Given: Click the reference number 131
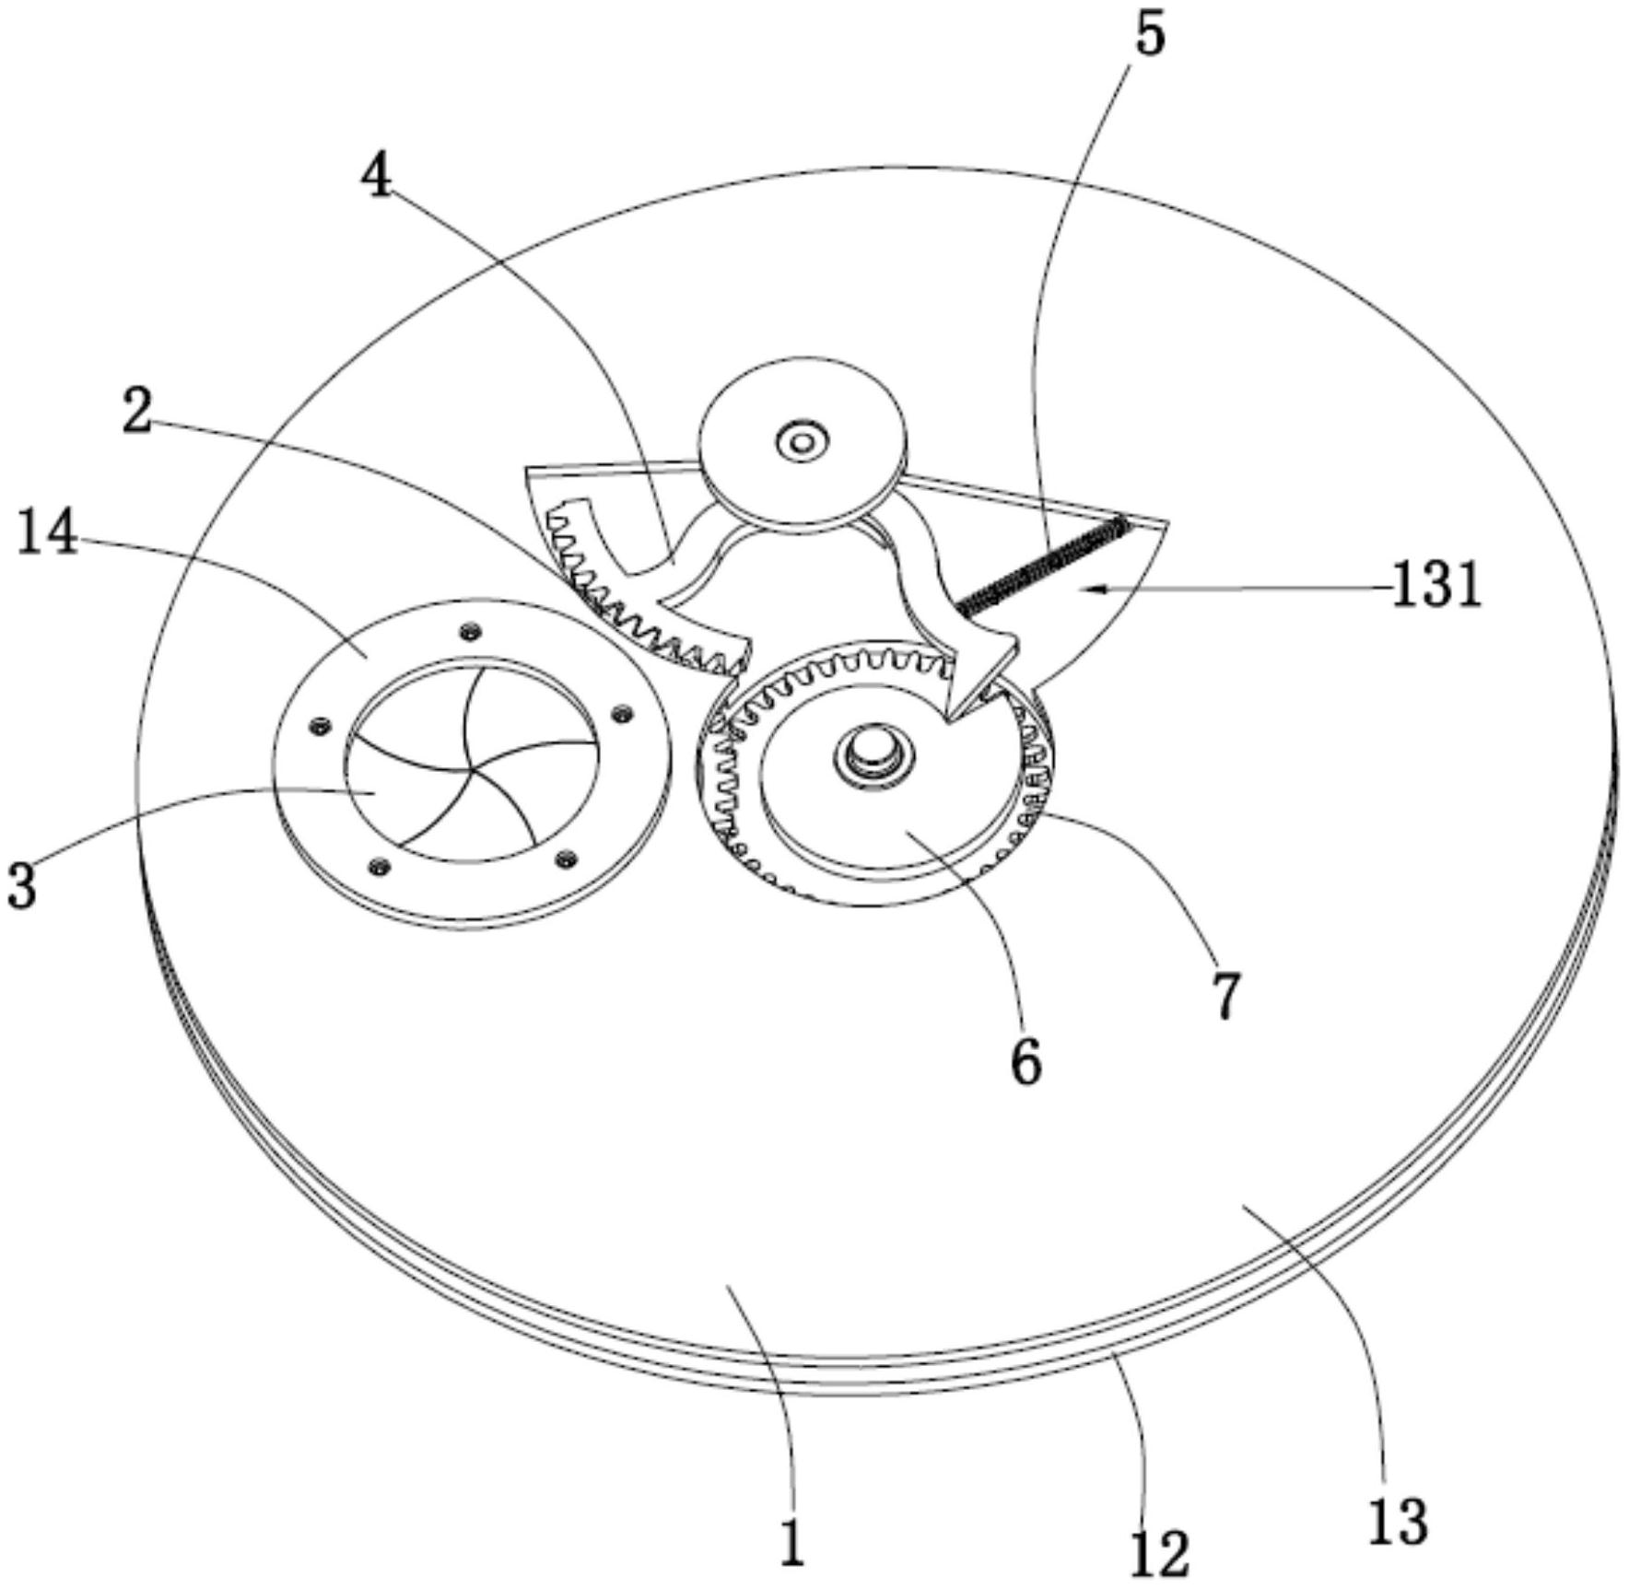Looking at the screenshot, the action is [x=1436, y=584].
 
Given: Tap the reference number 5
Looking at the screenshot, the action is [x=1148, y=34].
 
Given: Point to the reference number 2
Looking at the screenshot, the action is [x=137, y=411].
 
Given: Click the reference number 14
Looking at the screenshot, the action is [x=47, y=533].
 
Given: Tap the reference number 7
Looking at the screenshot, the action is [x=1225, y=994].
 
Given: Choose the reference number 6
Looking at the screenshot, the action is [x=1025, y=1061].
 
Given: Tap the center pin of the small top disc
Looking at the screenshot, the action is [x=802, y=443].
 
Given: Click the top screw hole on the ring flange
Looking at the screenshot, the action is [x=473, y=630].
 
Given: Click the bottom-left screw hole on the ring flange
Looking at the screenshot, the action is [x=378, y=866].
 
